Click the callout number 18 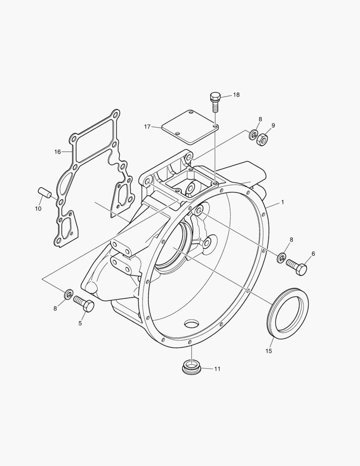(x=236, y=95)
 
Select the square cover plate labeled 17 (x=190, y=127)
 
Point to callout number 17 (x=147, y=127)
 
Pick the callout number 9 (x=273, y=126)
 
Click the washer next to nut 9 (x=253, y=135)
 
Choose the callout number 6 (x=313, y=254)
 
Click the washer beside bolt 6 (x=281, y=258)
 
